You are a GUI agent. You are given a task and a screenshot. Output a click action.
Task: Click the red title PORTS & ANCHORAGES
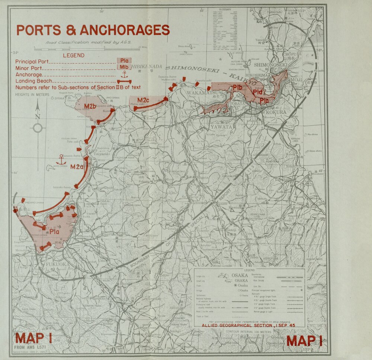coord(93,30)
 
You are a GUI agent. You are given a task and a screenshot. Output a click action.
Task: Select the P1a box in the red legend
coord(124,61)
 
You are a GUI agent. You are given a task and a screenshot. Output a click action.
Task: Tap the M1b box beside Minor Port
coord(124,67)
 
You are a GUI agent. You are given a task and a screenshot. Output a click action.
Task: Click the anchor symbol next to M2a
coord(61,160)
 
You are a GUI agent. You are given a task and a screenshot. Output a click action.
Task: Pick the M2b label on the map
coord(90,107)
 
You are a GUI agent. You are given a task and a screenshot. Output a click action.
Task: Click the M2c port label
coord(143,100)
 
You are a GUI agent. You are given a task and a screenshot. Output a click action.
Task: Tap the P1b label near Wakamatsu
coord(238,88)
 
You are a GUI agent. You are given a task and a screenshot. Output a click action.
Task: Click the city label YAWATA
coord(221,127)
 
